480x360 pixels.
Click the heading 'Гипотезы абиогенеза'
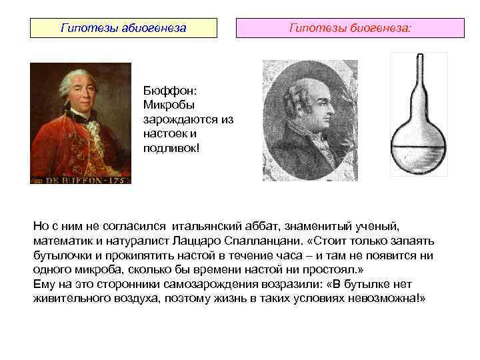click(x=123, y=29)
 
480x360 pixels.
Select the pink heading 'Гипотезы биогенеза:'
click(x=351, y=29)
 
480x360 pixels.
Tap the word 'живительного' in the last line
click(x=69, y=297)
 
